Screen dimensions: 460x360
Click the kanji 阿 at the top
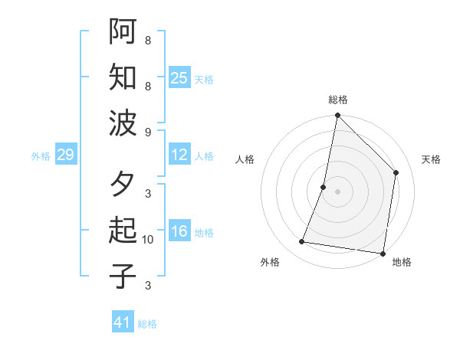coord(123,31)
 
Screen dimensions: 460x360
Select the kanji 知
coord(123,77)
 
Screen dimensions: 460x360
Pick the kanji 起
coord(123,231)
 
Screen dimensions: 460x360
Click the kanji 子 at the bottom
coord(123,276)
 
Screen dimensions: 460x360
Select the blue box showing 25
coord(179,78)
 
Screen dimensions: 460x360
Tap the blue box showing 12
coord(179,155)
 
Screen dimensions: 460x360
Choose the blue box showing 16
coord(179,232)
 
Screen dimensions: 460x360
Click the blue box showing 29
coord(65,155)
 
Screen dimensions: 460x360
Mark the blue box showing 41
coord(123,322)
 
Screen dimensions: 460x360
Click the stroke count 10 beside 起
coord(148,240)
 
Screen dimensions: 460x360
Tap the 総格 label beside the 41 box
coord(147,324)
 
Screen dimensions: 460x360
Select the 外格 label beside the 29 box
coord(41,156)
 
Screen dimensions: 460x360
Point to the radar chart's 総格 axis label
coord(338,100)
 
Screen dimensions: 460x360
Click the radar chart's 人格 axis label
coord(245,159)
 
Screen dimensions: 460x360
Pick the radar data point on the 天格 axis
coord(396,172)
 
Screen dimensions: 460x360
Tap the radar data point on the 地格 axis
coord(383,253)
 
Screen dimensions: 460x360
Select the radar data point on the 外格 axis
coord(302,242)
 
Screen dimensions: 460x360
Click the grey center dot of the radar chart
coord(337,191)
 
